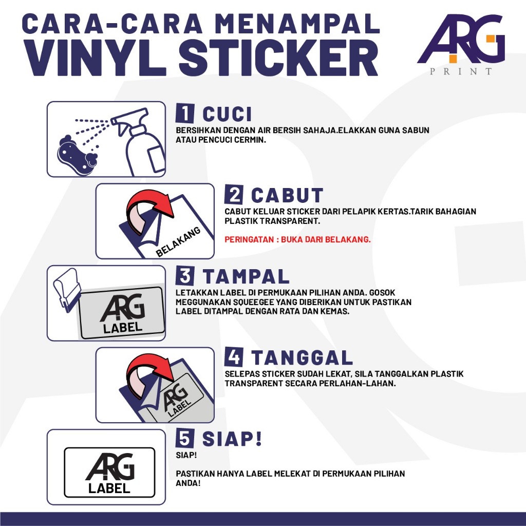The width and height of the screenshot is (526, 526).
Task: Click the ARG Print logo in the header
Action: coord(461,44)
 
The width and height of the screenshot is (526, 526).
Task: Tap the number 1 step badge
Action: coord(185,113)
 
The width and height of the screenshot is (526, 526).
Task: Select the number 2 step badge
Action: coord(234,195)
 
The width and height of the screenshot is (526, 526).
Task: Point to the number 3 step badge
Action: coord(185,276)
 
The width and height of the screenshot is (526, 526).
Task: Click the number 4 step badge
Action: coord(234,357)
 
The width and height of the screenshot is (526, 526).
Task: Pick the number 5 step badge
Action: coord(185,438)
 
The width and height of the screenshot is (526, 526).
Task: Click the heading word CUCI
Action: coord(227,114)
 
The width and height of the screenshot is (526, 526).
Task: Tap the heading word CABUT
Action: coord(287,195)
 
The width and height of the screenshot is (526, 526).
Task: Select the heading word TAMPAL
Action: coord(246,276)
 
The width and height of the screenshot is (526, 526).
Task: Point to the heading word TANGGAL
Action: coord(302,358)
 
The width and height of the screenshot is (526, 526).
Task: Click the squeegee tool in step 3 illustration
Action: coord(67,289)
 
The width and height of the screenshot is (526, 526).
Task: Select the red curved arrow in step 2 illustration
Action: coord(147,208)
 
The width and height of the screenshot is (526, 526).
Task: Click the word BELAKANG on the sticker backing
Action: coord(178,241)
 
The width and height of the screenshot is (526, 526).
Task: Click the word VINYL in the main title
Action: coord(95,58)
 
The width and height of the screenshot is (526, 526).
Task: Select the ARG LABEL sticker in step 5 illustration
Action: coord(109,473)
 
